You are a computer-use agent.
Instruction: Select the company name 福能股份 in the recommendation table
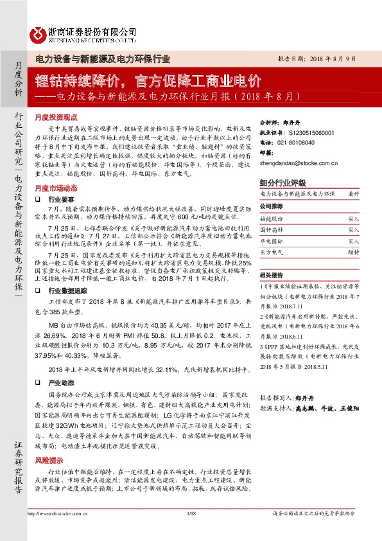coord(271,219)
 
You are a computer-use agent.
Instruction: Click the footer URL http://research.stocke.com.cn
coord(58,531)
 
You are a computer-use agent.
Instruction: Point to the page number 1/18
coord(191,531)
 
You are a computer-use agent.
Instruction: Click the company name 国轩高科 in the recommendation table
coord(271,230)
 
